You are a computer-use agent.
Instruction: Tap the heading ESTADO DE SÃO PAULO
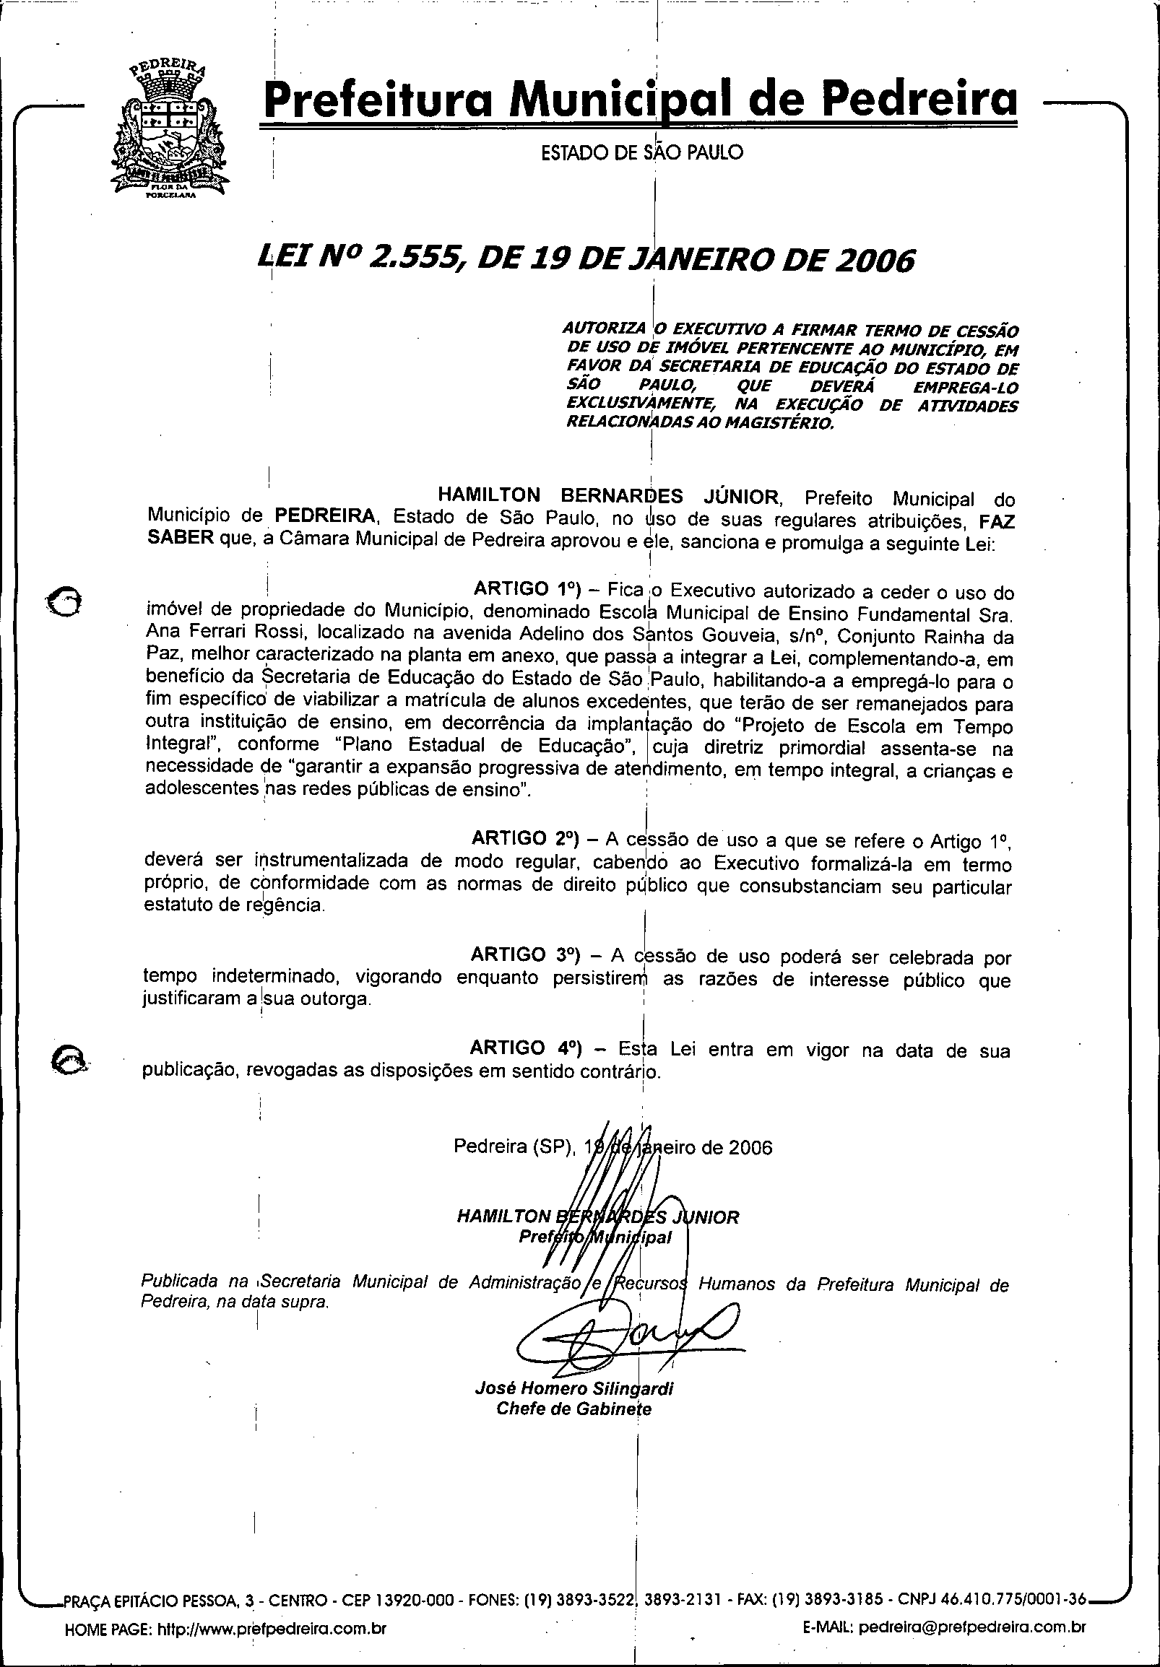pyautogui.click(x=642, y=153)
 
